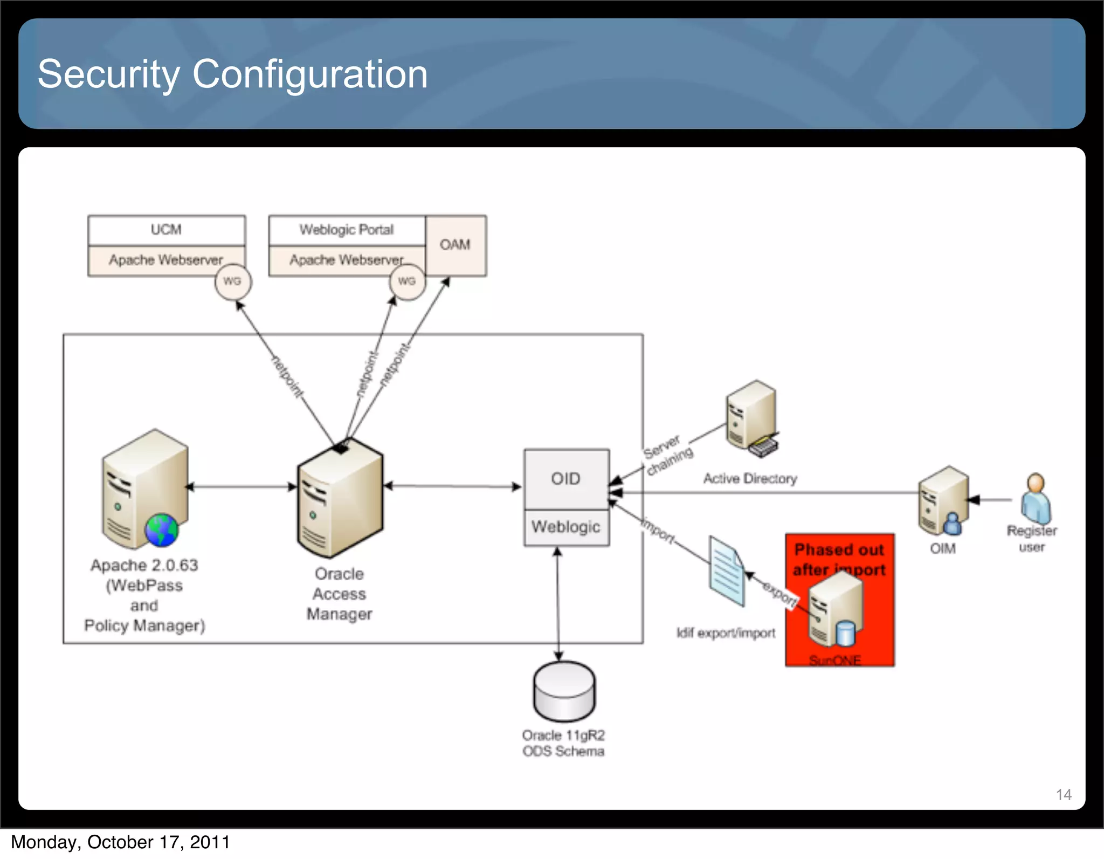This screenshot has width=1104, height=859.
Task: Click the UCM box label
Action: [166, 230]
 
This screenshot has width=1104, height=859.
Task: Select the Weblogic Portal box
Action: [347, 230]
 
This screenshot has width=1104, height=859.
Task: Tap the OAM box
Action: [455, 245]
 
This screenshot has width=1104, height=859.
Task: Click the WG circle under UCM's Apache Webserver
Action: [232, 281]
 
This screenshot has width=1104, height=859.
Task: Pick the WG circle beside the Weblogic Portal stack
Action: [407, 281]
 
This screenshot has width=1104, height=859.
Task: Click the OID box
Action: [566, 479]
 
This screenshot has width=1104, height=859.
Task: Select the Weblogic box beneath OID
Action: [566, 527]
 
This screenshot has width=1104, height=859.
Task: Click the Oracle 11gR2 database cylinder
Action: [564, 691]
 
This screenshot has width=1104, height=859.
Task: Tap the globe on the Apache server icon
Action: [161, 530]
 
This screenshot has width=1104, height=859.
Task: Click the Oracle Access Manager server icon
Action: [340, 499]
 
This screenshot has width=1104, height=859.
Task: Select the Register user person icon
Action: [1036, 499]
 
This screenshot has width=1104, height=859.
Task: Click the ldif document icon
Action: [727, 572]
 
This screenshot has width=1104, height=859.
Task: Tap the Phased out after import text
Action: [839, 560]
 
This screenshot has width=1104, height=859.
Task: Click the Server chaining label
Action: [667, 455]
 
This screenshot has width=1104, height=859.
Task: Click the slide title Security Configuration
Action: [232, 74]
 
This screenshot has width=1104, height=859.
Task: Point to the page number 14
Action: [1063, 794]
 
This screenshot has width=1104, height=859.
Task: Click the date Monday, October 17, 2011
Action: [121, 842]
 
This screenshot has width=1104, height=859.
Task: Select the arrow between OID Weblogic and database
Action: [558, 604]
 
